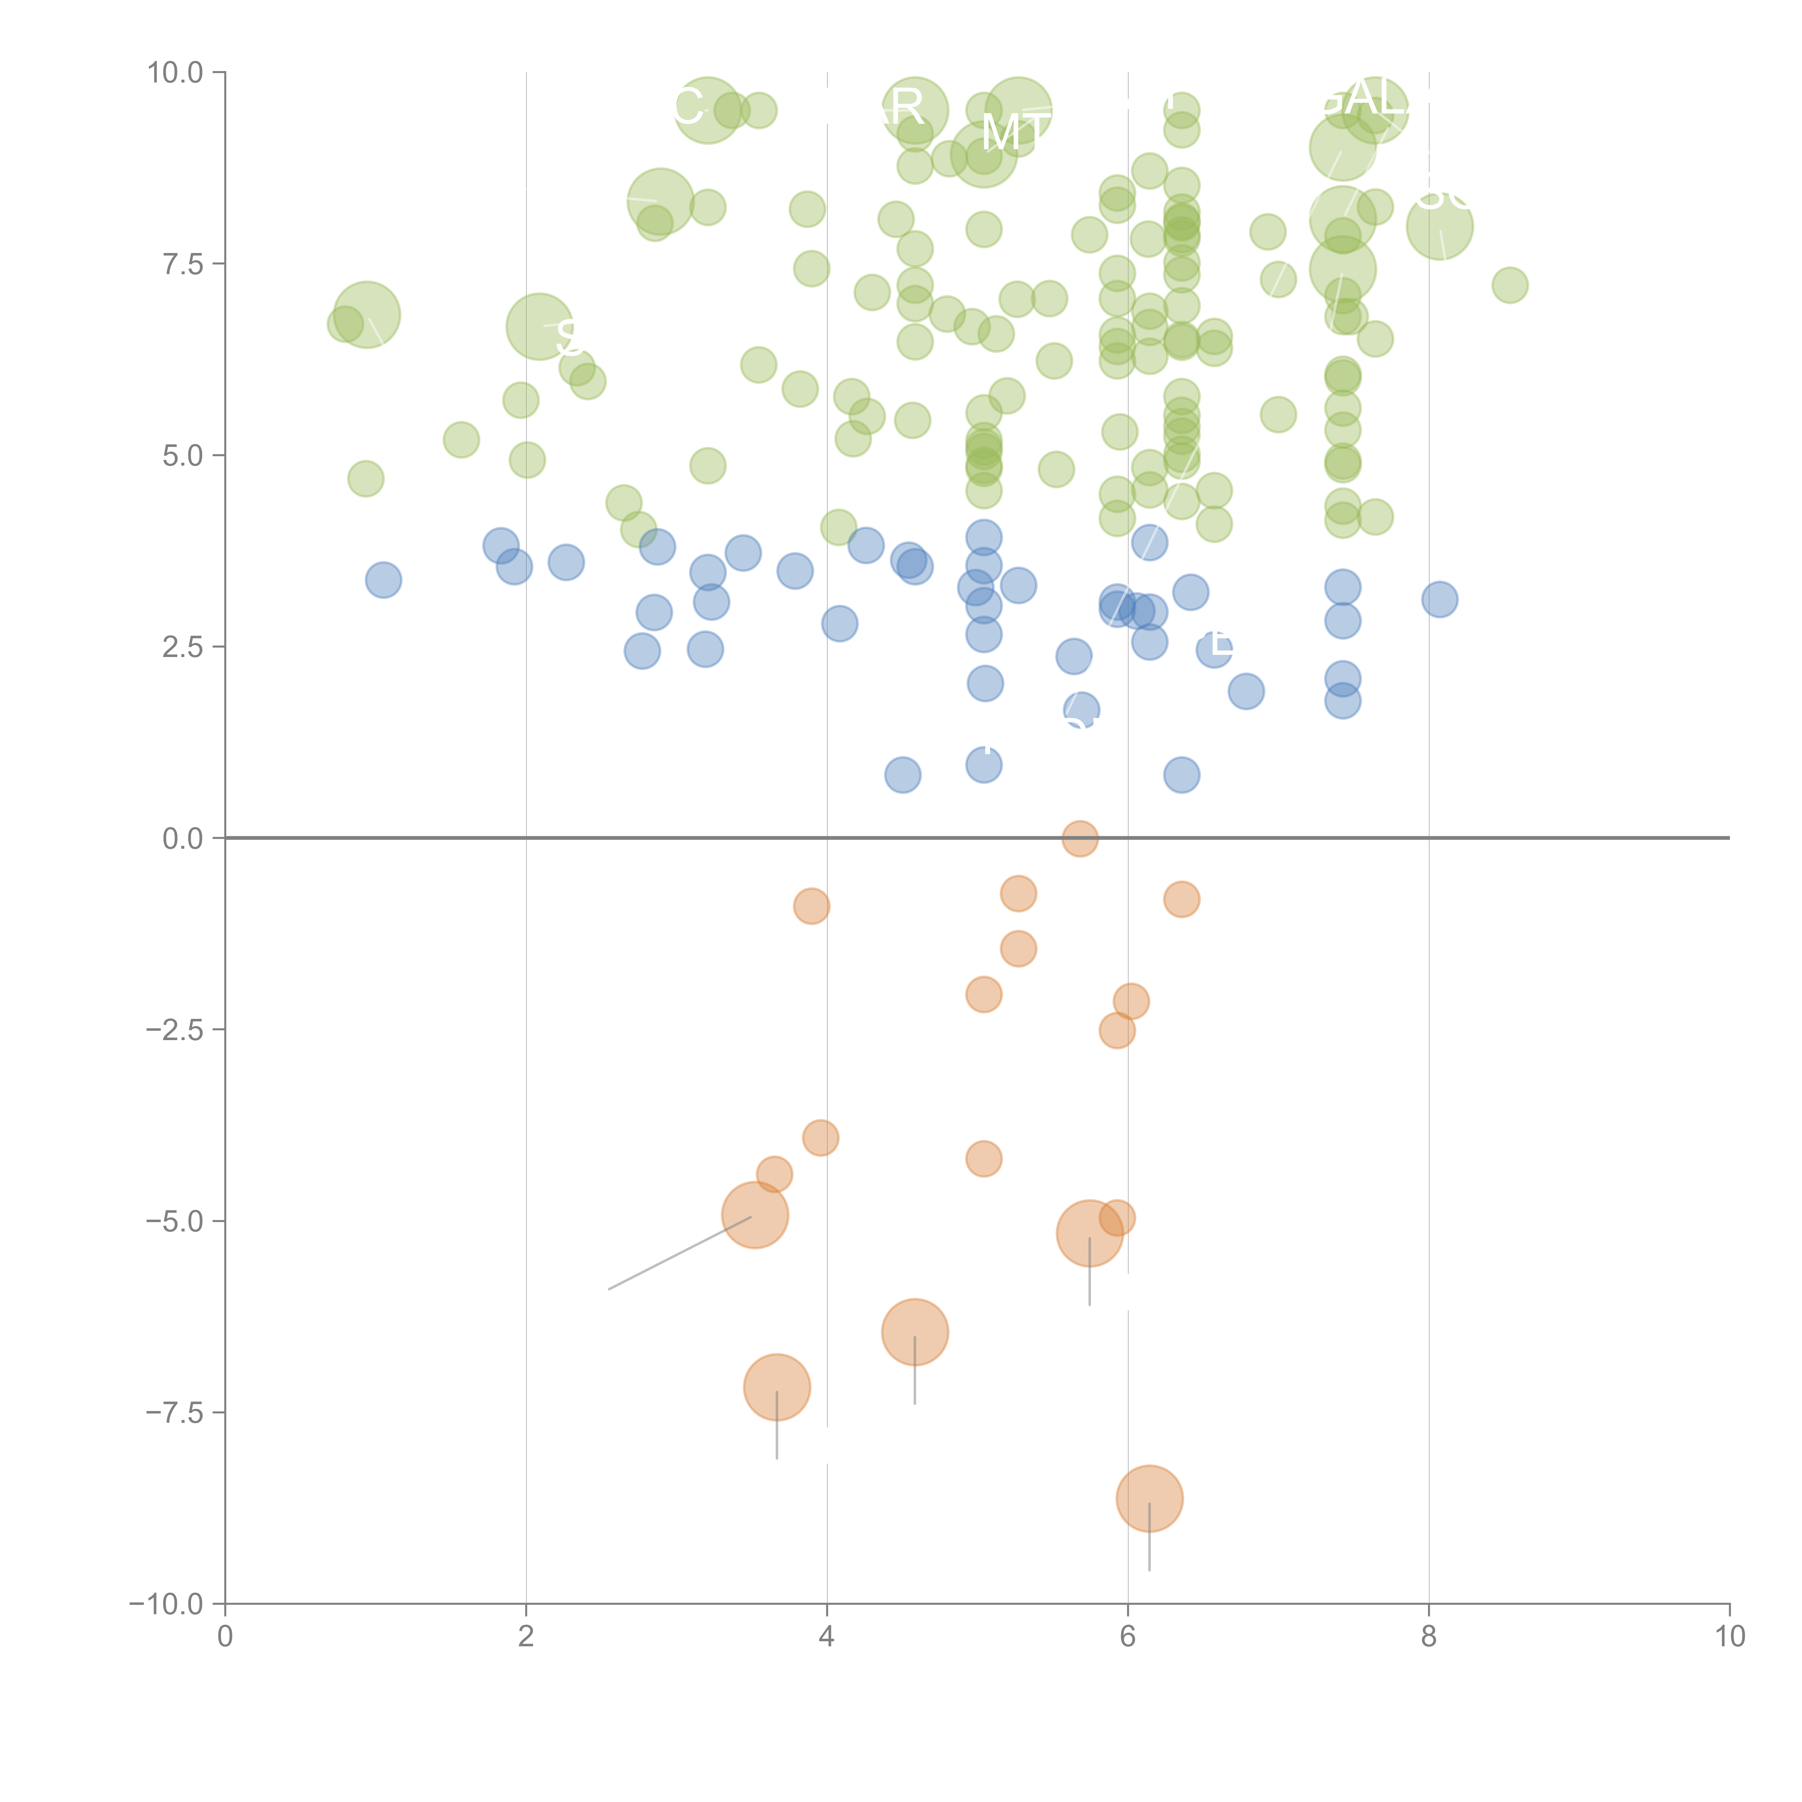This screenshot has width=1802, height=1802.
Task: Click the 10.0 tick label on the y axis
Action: [x=174, y=73]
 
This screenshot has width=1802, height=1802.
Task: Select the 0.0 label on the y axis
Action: [x=182, y=839]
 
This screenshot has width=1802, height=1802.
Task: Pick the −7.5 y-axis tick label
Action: [x=174, y=1413]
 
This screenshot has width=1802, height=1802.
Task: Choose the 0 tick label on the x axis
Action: [x=225, y=1637]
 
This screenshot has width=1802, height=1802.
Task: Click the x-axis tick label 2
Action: [x=526, y=1637]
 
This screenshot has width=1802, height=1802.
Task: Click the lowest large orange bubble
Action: [x=1149, y=1499]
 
